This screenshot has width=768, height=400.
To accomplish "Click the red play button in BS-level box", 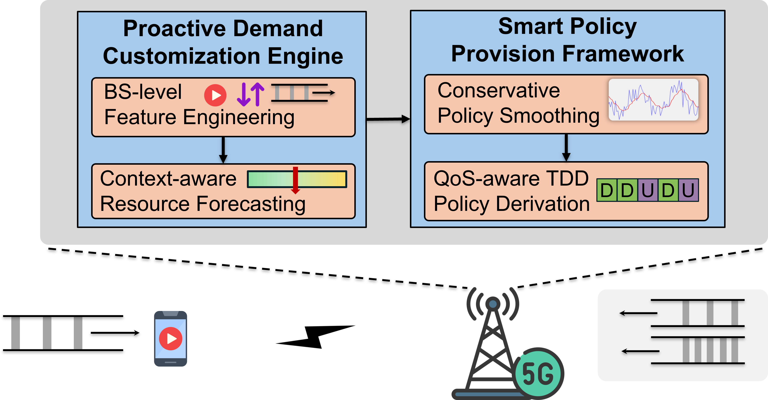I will pyautogui.click(x=215, y=95).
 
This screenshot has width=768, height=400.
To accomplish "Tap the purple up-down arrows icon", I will pyautogui.click(x=250, y=94).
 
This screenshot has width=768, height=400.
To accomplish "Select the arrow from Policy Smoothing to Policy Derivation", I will pyautogui.click(x=566, y=148).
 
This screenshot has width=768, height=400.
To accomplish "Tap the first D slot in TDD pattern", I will pyautogui.click(x=606, y=190).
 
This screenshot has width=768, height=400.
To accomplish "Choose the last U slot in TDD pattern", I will pyautogui.click(x=688, y=190).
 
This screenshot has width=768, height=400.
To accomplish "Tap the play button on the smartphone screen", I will pyautogui.click(x=171, y=339).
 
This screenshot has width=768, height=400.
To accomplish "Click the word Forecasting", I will pyautogui.click(x=251, y=204).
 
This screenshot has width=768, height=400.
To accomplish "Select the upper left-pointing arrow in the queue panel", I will pyautogui.click(x=638, y=313).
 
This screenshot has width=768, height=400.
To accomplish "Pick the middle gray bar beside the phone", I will pyautogui.click(x=47, y=333).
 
